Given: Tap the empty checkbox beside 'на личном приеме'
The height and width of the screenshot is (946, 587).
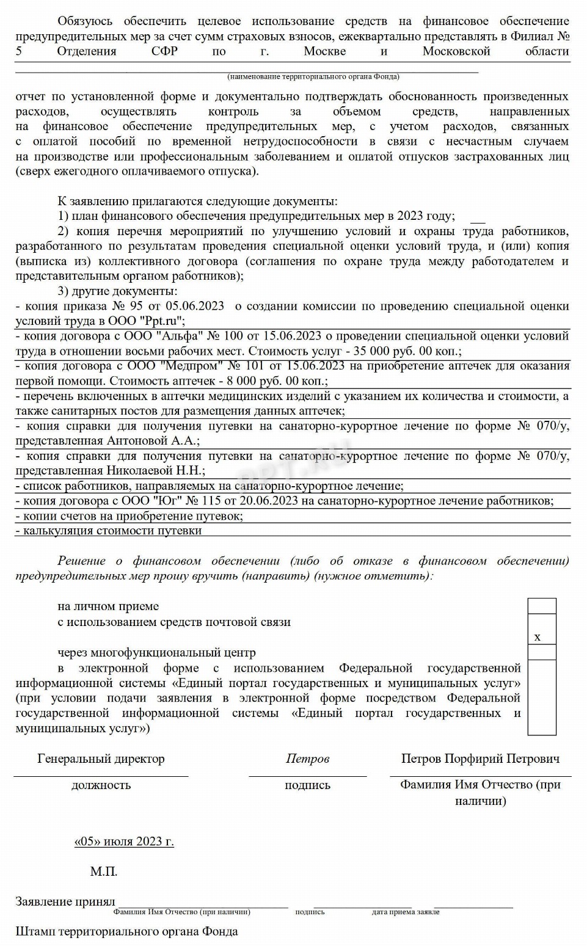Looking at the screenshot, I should pyautogui.click(x=542, y=606).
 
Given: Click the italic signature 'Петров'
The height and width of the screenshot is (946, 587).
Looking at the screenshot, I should pyautogui.click(x=307, y=759).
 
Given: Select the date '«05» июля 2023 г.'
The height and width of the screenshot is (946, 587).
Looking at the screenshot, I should pyautogui.click(x=124, y=841).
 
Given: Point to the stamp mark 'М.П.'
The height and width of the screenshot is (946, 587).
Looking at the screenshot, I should pyautogui.click(x=104, y=871).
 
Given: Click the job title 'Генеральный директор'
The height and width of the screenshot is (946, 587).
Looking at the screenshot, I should pyautogui.click(x=101, y=759).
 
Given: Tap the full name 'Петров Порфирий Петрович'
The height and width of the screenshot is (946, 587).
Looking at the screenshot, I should pyautogui.click(x=480, y=759).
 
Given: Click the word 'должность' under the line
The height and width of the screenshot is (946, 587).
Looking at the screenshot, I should pyautogui.click(x=101, y=785).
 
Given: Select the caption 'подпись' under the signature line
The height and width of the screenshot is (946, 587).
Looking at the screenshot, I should pyautogui.click(x=307, y=785).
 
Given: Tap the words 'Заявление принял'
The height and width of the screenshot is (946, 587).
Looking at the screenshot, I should pyautogui.click(x=65, y=901).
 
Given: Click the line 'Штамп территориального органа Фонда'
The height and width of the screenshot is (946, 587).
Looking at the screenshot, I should pyautogui.click(x=126, y=931).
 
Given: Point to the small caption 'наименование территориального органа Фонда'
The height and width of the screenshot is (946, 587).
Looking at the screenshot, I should pyautogui.click(x=313, y=77).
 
